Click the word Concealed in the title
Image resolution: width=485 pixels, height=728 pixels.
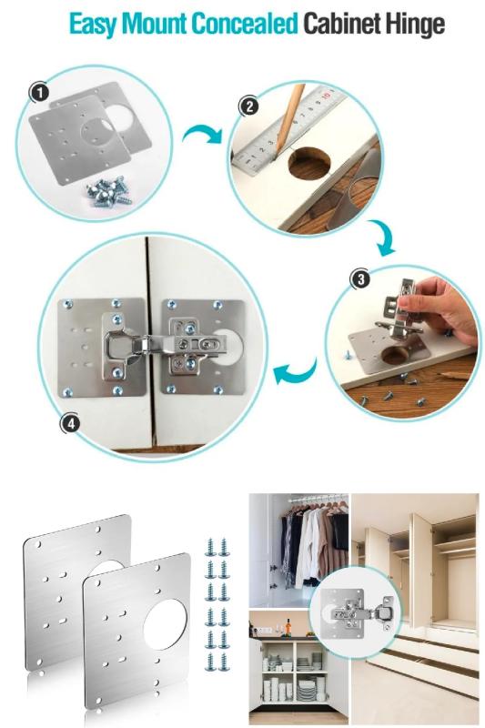pyautogui.click(x=245, y=24)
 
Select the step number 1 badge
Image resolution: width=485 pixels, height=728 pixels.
pyautogui.click(x=39, y=93)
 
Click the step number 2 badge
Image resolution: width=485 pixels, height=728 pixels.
pyautogui.click(x=249, y=106)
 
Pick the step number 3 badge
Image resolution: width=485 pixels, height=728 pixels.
pyautogui.click(x=361, y=279)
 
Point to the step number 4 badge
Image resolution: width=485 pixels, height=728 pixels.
pyautogui.click(x=70, y=423)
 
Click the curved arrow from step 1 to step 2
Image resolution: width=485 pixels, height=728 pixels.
pyautogui.click(x=201, y=133)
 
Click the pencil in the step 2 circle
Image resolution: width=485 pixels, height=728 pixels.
pyautogui.click(x=289, y=118)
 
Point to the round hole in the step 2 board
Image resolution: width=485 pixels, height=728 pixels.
pyautogui.click(x=309, y=163)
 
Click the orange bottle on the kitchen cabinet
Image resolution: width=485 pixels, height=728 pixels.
pyautogui.click(x=288, y=628)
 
